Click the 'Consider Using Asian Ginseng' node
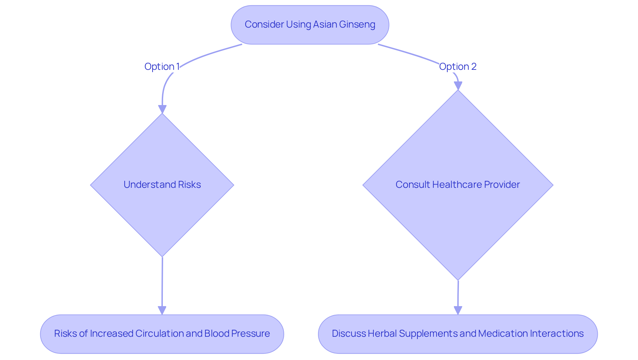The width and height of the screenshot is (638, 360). coord(310,25)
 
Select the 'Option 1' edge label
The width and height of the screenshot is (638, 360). coord(162,66)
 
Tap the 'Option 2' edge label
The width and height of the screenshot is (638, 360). coord(458,66)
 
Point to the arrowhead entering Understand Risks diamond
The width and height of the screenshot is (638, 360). coord(162,109)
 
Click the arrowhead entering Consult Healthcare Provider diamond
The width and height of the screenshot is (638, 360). coord(458,86)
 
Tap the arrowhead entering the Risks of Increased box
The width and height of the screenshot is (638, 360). coord(162,310)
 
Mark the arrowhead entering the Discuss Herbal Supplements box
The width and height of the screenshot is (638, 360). coord(458,310)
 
